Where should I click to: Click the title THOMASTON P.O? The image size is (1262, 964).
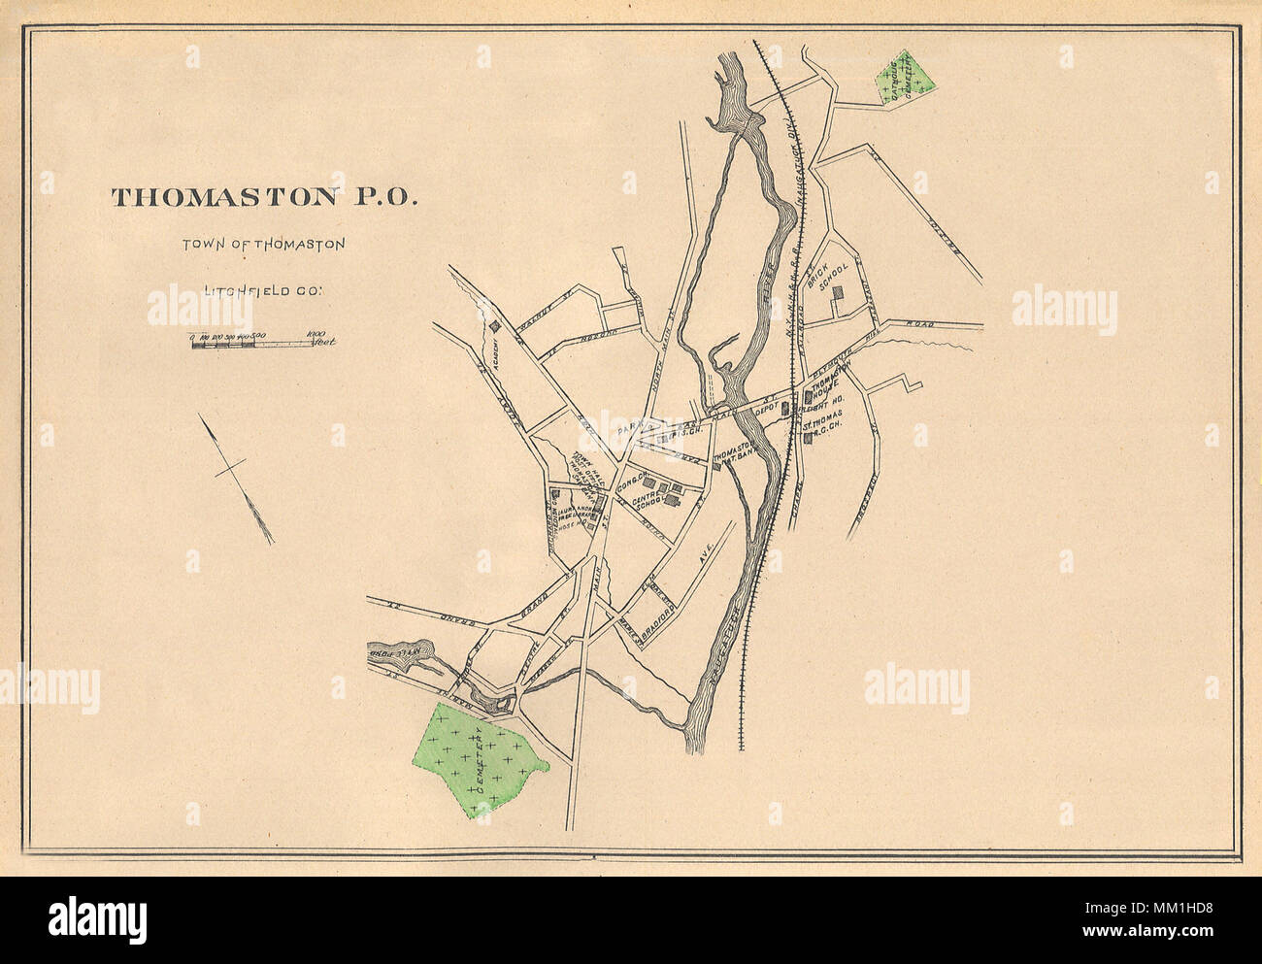point(264,197)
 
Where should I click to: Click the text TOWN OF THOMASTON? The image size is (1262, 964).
point(263,245)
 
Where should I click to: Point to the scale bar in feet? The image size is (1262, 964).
point(257,341)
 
